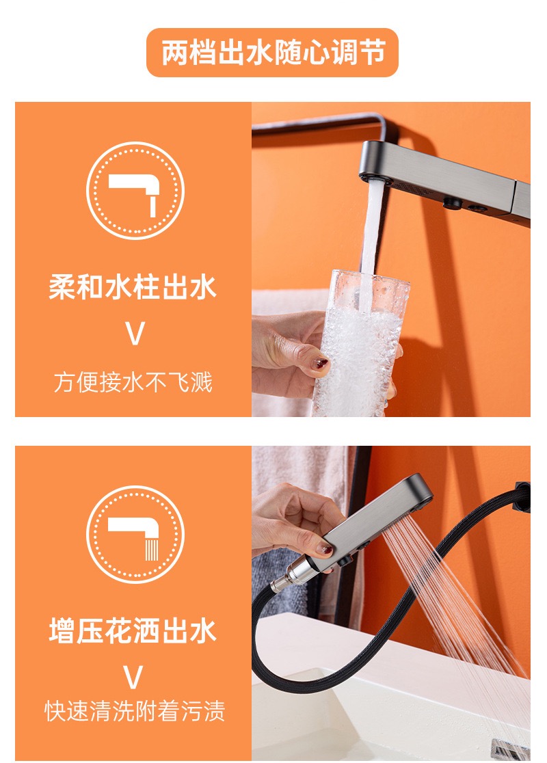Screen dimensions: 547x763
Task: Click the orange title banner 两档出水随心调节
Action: pos(272,53)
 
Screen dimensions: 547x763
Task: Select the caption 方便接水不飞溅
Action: pos(133,382)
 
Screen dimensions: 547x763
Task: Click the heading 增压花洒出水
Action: pos(133,630)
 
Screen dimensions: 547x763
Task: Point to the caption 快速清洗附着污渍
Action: pos(135,711)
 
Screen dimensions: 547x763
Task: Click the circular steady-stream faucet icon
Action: pos(135,190)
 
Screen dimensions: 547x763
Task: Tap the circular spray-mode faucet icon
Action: pos(135,534)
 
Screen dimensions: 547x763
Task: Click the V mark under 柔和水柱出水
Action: pos(135,334)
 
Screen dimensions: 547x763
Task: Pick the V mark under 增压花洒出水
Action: pos(133,678)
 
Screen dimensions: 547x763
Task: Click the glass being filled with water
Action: pos(360,343)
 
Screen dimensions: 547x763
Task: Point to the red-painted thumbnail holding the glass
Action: pos(320,363)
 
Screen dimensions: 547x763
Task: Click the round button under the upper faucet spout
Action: pos(452,203)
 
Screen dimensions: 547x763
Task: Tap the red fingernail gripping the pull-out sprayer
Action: pos(324,550)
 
